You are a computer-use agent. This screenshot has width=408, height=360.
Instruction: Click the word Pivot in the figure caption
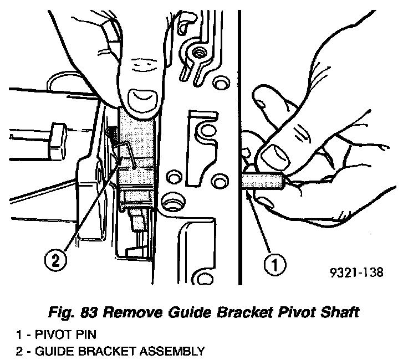(x=294, y=312)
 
